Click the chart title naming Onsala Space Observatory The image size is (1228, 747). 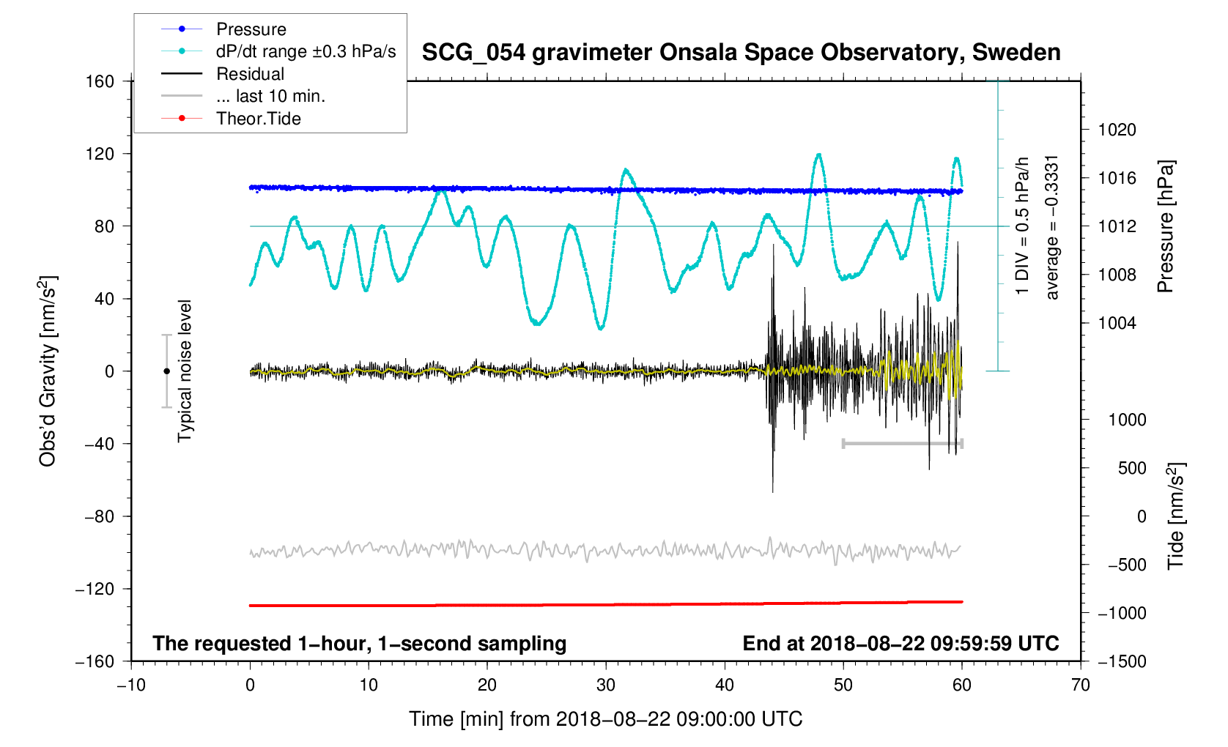pyautogui.click(x=741, y=53)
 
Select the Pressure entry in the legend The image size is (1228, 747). pyautogui.click(x=251, y=29)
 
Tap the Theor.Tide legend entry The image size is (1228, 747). pyautogui.click(x=258, y=119)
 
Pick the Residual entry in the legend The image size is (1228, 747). pyautogui.click(x=250, y=74)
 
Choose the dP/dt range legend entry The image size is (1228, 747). pyautogui.click(x=306, y=51)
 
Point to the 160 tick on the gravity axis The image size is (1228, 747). pyautogui.click(x=100, y=81)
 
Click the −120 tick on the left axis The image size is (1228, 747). pyautogui.click(x=95, y=589)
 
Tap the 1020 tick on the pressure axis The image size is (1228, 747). pyautogui.click(x=1117, y=130)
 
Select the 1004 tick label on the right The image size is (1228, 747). pyautogui.click(x=1117, y=324)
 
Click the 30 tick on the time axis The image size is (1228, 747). pyautogui.click(x=606, y=685)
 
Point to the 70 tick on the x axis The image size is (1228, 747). pyautogui.click(x=1080, y=685)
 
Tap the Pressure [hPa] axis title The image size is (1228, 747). pyautogui.click(x=1165, y=226)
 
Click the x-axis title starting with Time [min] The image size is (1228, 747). pyautogui.click(x=605, y=719)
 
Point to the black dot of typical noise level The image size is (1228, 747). pyautogui.click(x=166, y=371)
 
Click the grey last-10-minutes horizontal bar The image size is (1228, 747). pyautogui.click(x=902, y=443)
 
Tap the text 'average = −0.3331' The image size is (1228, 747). pyautogui.click(x=1052, y=227)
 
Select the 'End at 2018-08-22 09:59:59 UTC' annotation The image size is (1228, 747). pyautogui.click(x=900, y=644)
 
